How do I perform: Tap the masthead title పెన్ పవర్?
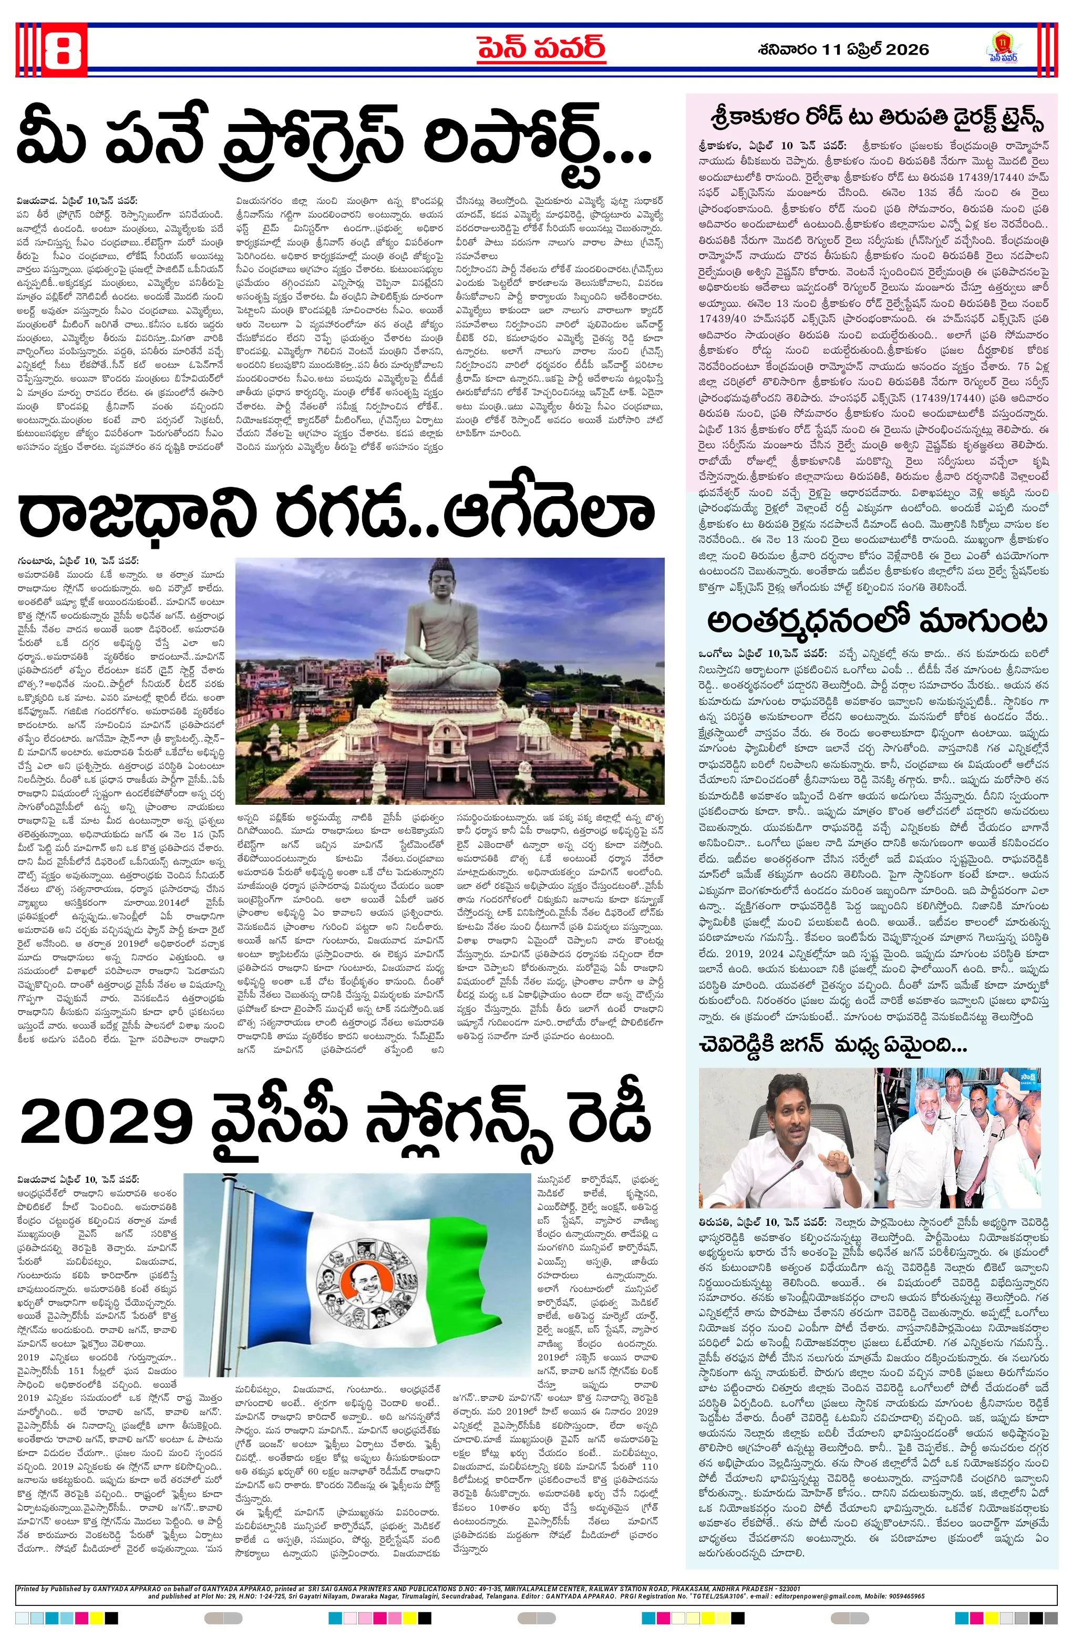click(542, 49)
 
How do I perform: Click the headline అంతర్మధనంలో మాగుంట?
click(877, 621)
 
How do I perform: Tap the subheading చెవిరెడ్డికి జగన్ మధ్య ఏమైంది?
click(833, 1047)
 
